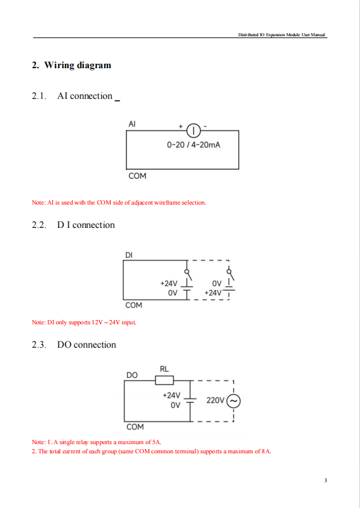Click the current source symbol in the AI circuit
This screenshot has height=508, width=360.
click(x=194, y=131)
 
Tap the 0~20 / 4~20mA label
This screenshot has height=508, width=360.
click(x=194, y=145)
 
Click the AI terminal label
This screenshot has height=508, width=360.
click(x=132, y=124)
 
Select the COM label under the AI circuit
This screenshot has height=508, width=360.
click(x=138, y=176)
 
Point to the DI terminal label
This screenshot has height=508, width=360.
click(x=129, y=256)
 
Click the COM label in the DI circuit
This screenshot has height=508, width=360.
click(x=134, y=305)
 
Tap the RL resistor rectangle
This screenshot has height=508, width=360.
click(x=164, y=380)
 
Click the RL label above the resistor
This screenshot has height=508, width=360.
click(x=164, y=369)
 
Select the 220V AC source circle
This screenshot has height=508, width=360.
click(x=233, y=401)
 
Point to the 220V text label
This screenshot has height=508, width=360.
click(x=216, y=401)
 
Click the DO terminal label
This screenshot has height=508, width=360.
click(x=132, y=375)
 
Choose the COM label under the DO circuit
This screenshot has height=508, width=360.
click(x=135, y=427)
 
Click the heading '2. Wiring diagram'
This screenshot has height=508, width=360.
click(x=71, y=65)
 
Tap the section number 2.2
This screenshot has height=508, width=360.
click(x=39, y=225)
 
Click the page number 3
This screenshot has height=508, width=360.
click(x=326, y=480)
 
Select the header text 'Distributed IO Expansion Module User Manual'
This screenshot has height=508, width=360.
click(x=281, y=34)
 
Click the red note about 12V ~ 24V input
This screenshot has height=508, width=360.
click(x=84, y=322)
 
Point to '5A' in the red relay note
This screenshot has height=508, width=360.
click(x=157, y=442)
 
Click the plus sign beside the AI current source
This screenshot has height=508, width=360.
click(x=181, y=127)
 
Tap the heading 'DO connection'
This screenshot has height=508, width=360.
click(x=87, y=345)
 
